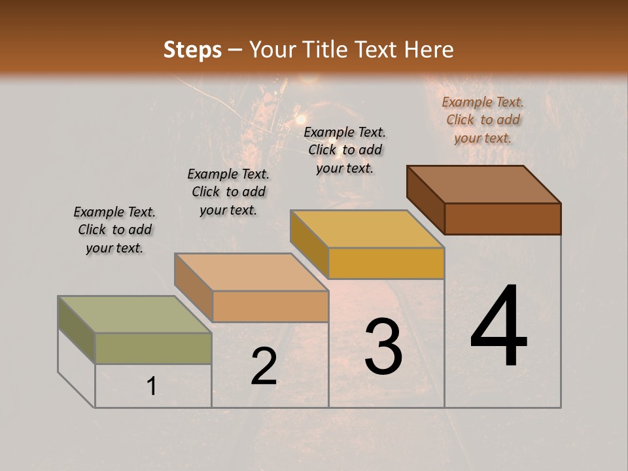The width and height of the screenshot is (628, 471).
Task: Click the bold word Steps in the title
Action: [x=192, y=50]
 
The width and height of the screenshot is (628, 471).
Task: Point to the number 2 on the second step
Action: [x=264, y=366]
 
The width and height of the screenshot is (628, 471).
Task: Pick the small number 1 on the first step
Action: [x=152, y=387]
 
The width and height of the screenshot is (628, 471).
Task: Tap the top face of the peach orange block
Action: [x=251, y=271]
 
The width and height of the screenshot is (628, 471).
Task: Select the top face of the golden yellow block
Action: [x=367, y=229]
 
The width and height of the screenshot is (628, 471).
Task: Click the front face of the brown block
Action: [x=502, y=218]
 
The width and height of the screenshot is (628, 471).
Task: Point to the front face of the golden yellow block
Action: [x=386, y=264]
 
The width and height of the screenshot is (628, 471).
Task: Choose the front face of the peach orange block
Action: [x=270, y=306]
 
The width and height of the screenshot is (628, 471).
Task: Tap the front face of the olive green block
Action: [x=153, y=348]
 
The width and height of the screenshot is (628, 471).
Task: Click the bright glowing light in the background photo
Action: [x=302, y=120]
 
